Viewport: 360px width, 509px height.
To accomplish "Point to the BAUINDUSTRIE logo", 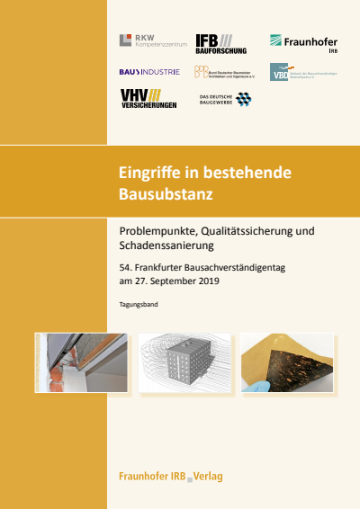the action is [148, 71].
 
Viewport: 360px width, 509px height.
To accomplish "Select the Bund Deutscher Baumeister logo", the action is [224, 72].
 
